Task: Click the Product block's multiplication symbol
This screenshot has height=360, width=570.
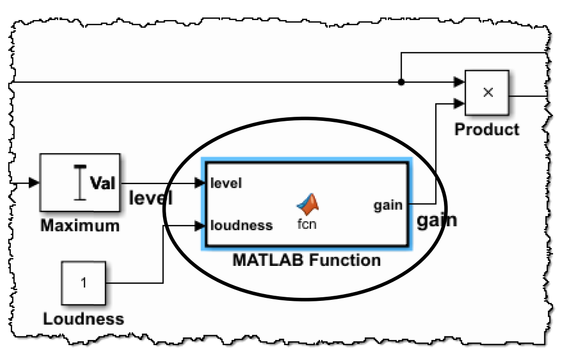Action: (488, 92)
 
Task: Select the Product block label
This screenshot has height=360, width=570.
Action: (487, 129)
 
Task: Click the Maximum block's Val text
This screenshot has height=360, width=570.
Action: (103, 183)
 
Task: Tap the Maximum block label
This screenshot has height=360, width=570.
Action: (80, 225)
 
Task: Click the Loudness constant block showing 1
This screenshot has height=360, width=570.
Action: (83, 283)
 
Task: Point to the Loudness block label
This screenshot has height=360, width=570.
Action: (83, 319)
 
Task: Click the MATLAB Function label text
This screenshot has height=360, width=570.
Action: (307, 260)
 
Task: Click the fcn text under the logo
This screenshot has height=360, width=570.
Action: (307, 224)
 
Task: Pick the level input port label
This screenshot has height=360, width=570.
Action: (226, 183)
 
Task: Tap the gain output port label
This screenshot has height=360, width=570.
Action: (388, 205)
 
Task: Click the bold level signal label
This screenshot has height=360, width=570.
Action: (150, 197)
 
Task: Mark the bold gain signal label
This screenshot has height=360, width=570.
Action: (436, 220)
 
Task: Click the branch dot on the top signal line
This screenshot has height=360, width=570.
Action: (401, 82)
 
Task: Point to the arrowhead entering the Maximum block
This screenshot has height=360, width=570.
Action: (34, 183)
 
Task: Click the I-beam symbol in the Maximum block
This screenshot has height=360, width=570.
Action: (79, 183)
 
